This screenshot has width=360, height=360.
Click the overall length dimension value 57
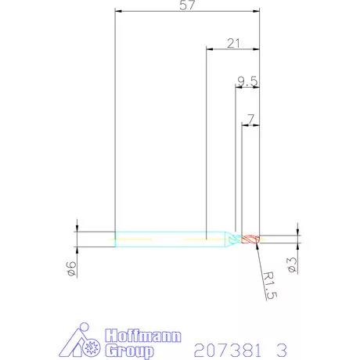187,5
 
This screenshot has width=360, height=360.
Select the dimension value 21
233,43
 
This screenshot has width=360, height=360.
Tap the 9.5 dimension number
247,81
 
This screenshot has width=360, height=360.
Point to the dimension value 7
250,119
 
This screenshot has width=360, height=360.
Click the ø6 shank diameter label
71,268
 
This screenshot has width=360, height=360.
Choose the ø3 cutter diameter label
292,265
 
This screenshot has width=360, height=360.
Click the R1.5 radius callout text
269,285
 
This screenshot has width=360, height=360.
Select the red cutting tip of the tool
250,239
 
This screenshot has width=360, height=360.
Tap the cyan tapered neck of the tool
233,239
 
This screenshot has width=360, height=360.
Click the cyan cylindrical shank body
170,239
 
